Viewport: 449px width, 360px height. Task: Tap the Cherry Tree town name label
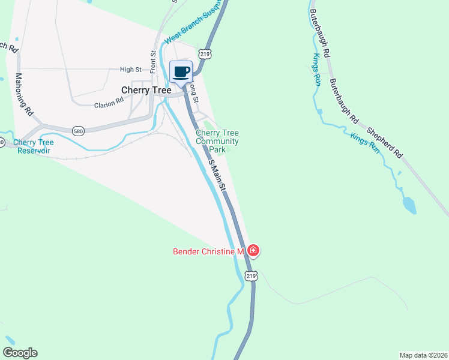(x=146, y=90)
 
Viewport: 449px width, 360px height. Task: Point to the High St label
(x=130, y=70)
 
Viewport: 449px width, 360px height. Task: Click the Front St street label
(x=153, y=60)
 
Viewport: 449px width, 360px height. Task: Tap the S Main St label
(x=217, y=175)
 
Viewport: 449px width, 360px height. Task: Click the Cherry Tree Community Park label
(x=217, y=141)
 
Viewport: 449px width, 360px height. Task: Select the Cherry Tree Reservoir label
(x=33, y=146)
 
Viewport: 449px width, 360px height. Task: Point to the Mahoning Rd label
(x=24, y=94)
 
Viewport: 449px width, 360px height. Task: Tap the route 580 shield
(x=78, y=130)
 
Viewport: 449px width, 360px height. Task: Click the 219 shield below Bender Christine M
(x=251, y=276)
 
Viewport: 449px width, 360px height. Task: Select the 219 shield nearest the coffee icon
(x=206, y=53)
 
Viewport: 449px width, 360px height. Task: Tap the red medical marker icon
(x=253, y=251)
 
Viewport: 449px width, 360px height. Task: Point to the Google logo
(x=19, y=353)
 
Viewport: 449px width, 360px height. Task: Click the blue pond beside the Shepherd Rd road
(x=409, y=205)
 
